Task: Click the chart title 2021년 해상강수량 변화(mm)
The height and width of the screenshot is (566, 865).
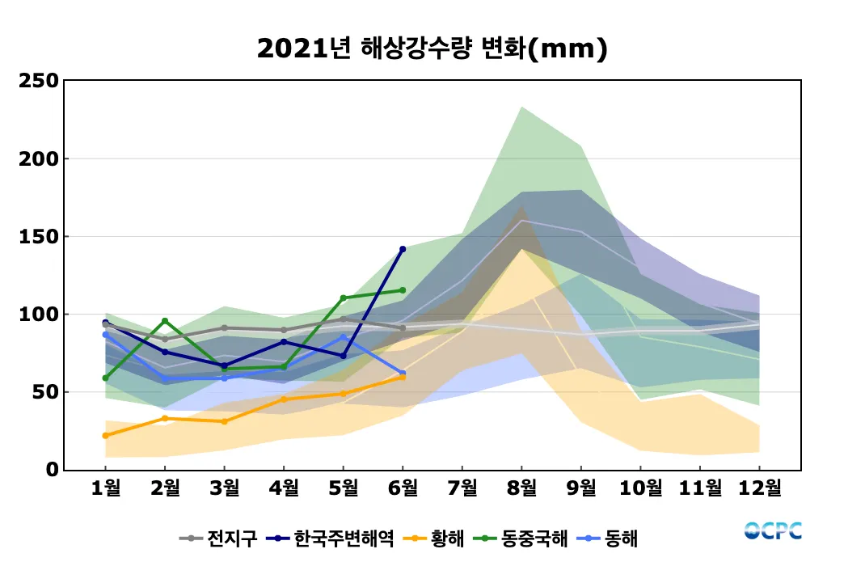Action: click(x=432, y=49)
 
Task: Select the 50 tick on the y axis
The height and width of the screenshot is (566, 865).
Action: click(x=46, y=392)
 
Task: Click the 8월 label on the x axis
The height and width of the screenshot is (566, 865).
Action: click(x=521, y=488)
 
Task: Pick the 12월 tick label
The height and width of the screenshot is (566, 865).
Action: click(x=759, y=488)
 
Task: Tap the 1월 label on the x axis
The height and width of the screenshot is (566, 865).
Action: click(x=106, y=488)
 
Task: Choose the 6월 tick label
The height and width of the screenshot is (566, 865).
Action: click(x=403, y=488)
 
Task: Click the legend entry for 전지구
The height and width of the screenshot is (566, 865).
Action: click(x=218, y=538)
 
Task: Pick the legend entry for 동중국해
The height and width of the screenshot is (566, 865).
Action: click(x=522, y=538)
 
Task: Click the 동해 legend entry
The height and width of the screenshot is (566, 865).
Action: click(x=610, y=538)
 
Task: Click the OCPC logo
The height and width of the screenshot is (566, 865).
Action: click(x=773, y=531)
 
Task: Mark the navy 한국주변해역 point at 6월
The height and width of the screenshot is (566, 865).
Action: click(x=403, y=249)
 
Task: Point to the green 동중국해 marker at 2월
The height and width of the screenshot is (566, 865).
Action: click(x=165, y=321)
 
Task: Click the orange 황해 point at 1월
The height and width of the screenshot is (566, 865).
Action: click(x=106, y=436)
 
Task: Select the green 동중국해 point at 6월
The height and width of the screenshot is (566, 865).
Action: click(x=403, y=290)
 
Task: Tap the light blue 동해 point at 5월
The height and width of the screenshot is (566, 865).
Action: click(x=343, y=337)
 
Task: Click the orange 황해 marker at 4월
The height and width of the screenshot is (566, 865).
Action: click(x=284, y=399)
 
